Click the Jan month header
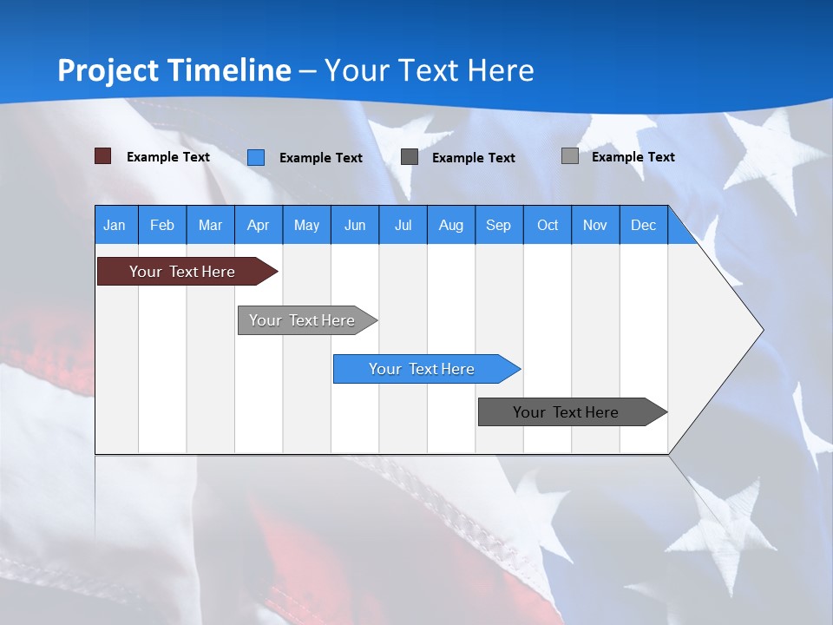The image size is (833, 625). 115,225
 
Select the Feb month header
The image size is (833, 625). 162,225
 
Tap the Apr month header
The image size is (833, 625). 258,225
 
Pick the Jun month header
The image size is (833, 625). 355,225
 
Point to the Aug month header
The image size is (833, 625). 450,225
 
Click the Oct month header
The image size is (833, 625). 548,225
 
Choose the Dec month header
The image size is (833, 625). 643,225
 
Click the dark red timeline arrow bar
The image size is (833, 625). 182,272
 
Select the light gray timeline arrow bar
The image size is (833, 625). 302,320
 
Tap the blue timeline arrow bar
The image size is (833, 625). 422,369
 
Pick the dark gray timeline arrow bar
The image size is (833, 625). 566,412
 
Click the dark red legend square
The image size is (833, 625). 103,156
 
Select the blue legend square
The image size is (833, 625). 256,157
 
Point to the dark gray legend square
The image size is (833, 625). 410,157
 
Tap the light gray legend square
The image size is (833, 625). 570,156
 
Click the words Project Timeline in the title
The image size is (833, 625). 174,70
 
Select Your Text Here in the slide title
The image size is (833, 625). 429,70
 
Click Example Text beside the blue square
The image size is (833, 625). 320,158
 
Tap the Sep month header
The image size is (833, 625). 498,225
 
